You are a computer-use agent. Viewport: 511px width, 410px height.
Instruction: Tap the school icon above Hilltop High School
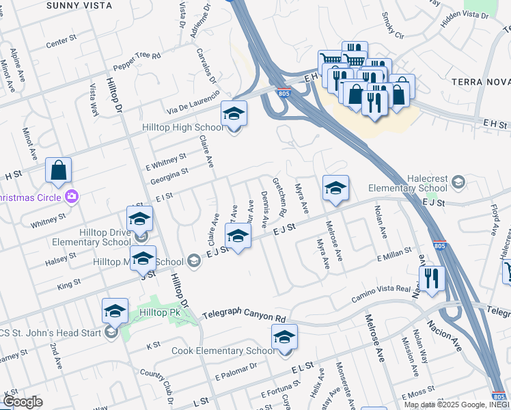234,114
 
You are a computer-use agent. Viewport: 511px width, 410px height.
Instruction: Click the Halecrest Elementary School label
408,182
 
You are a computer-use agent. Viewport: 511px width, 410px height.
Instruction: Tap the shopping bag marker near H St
59,171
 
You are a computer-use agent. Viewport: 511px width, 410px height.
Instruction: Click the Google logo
23,402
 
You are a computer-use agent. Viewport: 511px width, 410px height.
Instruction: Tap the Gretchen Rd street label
279,197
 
